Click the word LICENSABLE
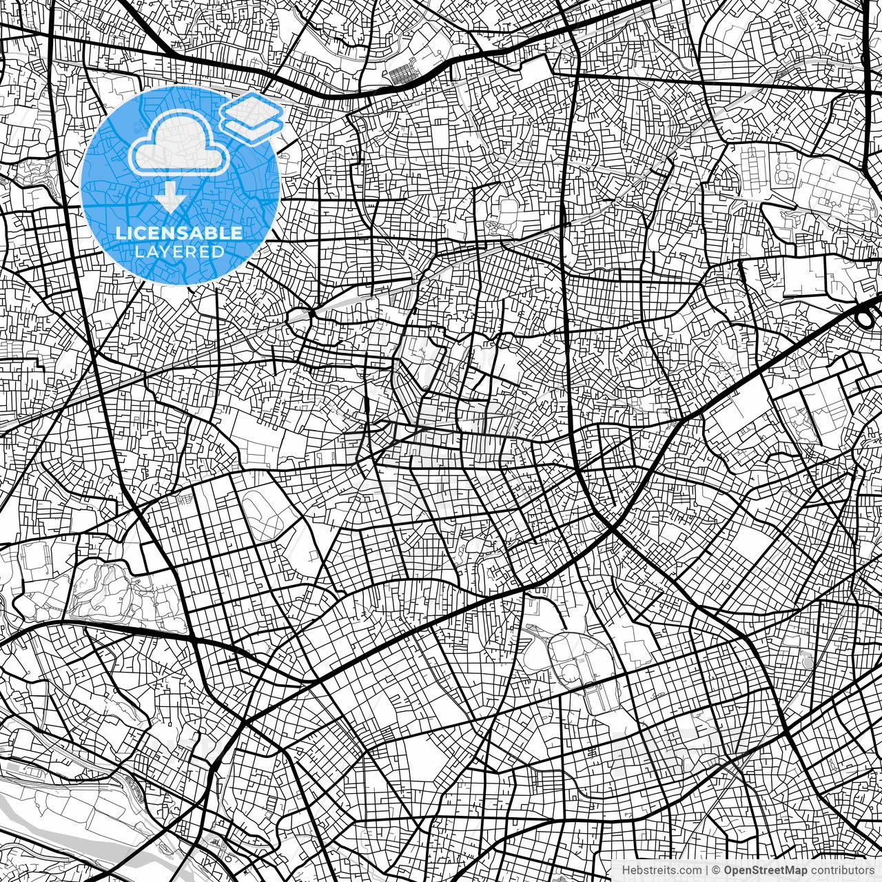[179, 233]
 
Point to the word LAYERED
[179, 252]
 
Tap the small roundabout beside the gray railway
[300, 317]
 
